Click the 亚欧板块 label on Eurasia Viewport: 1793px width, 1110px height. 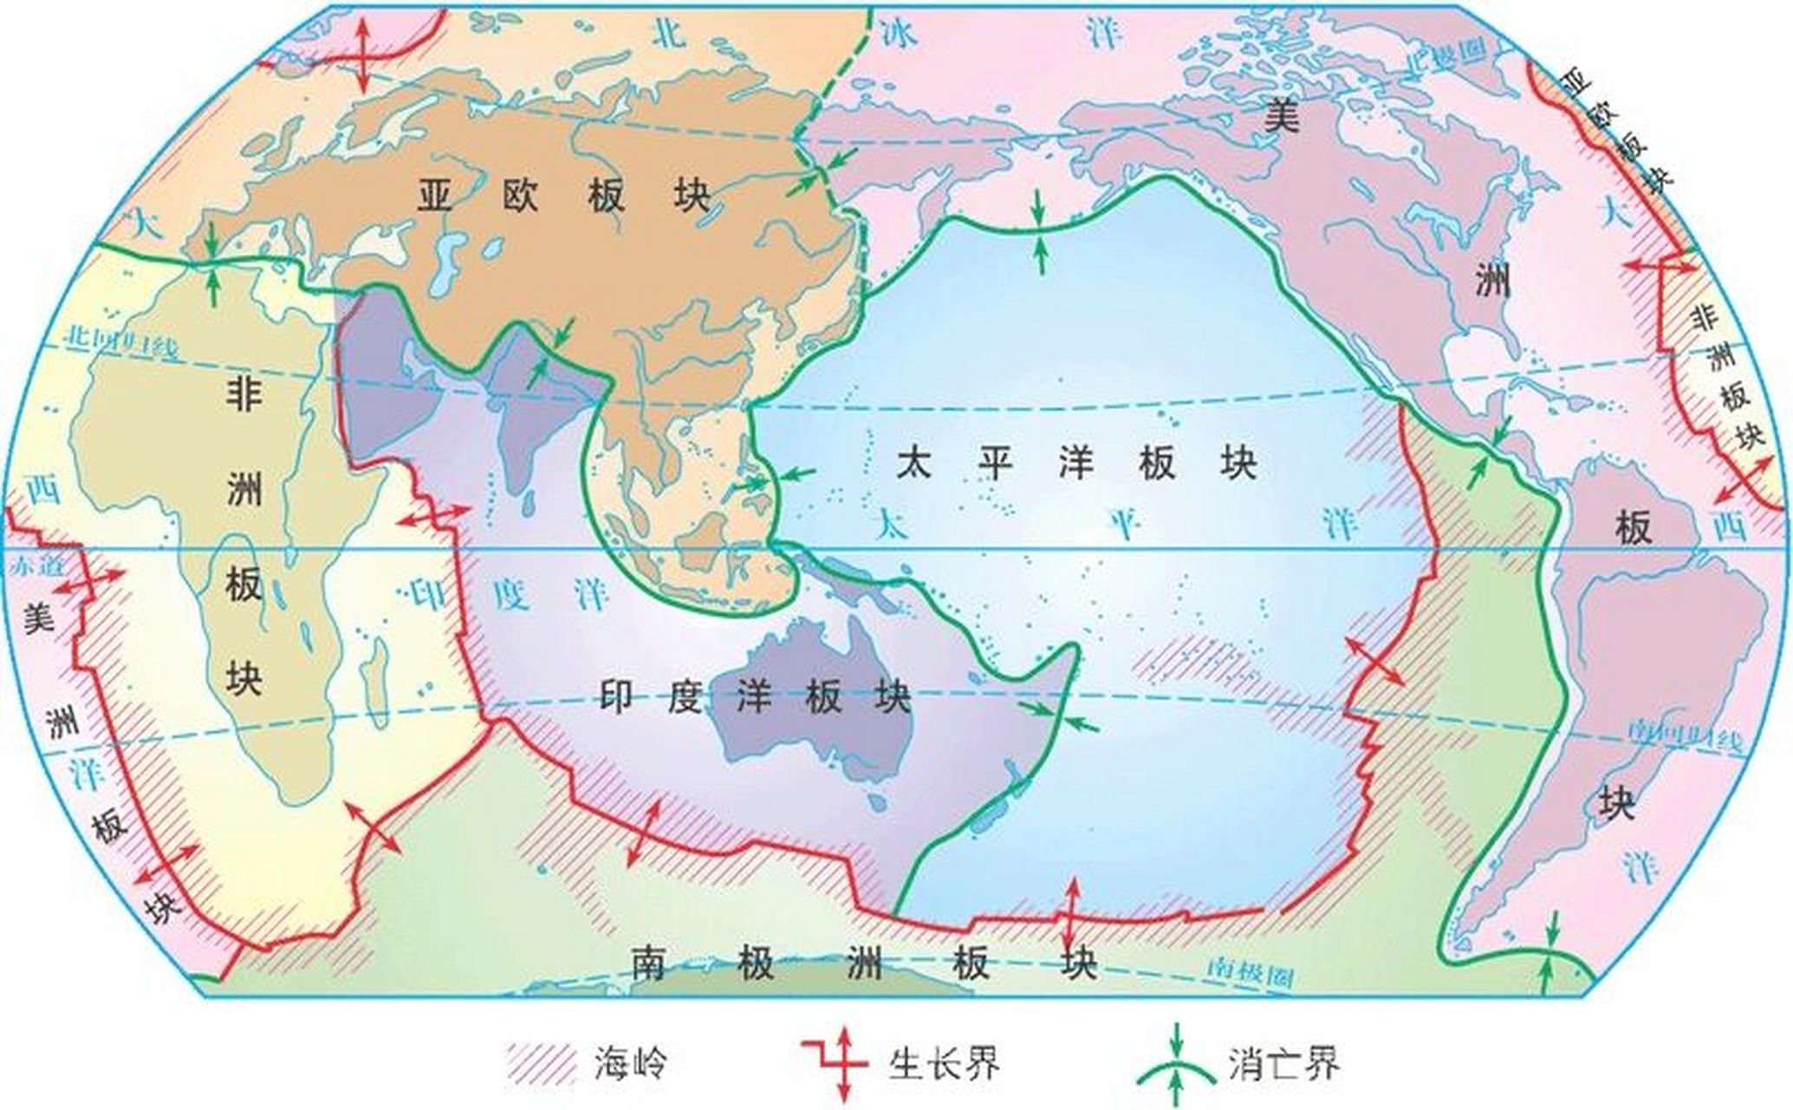click(x=564, y=196)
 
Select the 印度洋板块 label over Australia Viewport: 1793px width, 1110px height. click(x=755, y=696)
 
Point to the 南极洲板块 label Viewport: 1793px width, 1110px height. click(x=863, y=963)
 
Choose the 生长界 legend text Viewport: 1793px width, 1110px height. click(x=944, y=1062)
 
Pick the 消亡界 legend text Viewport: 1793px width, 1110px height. click(x=1283, y=1062)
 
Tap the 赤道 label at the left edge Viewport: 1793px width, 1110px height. click(x=28, y=565)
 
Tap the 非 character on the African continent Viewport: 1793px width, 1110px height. click(x=244, y=395)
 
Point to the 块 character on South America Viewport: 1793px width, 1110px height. click(x=1617, y=802)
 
